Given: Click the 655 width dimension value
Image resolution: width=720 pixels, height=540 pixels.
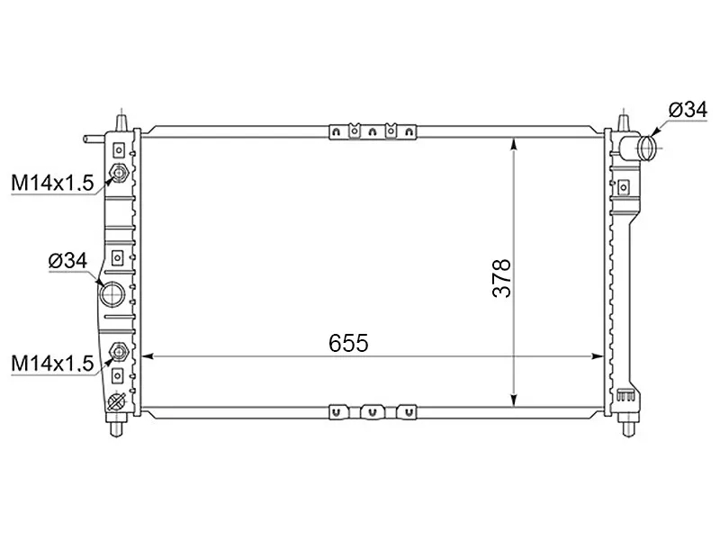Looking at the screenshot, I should (349, 343).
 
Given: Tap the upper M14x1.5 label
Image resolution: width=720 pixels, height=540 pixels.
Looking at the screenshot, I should (52, 184).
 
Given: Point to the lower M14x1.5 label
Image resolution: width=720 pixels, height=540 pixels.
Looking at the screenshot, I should (52, 363).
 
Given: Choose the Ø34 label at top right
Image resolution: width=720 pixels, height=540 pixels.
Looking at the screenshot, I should (688, 110).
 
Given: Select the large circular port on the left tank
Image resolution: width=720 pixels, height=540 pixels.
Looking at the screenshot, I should (112, 294).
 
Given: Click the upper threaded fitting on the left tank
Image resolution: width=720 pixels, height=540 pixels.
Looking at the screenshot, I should (117, 174).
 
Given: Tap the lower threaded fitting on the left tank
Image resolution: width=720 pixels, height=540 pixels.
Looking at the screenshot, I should (117, 352).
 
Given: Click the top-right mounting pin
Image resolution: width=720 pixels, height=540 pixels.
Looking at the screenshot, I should (625, 120).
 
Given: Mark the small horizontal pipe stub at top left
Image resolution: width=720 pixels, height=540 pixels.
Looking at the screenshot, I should (93, 139).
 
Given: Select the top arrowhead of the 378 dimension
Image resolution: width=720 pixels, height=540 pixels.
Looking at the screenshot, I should (514, 143).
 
